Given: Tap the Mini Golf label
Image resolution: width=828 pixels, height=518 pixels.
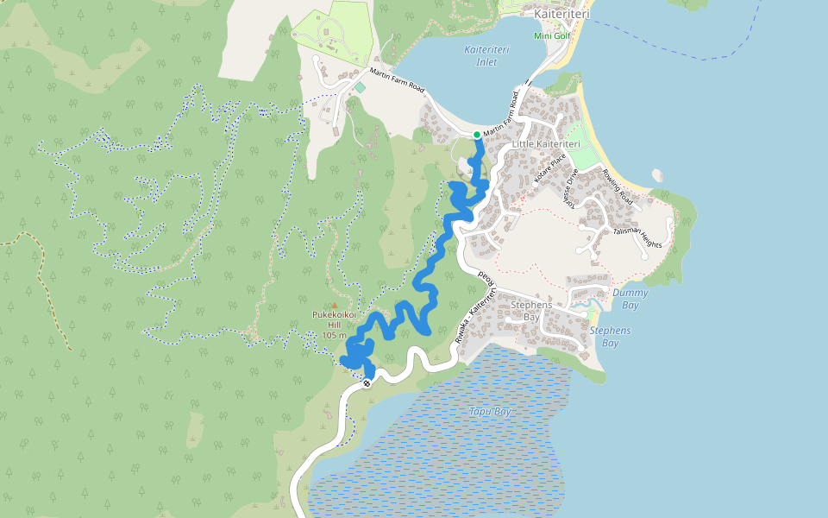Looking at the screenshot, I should click(553, 35).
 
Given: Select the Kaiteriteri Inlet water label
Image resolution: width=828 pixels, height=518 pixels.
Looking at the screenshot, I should click(486, 55).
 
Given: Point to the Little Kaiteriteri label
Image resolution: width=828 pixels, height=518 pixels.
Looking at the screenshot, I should click(545, 143).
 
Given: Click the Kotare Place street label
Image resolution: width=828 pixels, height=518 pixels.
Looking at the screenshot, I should click(549, 170).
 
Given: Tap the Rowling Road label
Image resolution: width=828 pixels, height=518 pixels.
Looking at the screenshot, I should click(618, 186).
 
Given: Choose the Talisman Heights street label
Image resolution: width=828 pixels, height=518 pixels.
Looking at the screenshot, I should click(637, 238).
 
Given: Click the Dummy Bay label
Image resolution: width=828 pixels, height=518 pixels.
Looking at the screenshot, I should click(630, 299).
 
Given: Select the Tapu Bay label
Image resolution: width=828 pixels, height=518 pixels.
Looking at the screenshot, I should click(491, 412).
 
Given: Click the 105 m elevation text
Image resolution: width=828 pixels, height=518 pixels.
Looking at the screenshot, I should click(334, 335).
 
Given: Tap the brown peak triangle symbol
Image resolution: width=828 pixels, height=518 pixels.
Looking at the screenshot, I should click(334, 305).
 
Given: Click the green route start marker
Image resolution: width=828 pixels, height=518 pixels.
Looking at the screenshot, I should click(477, 135).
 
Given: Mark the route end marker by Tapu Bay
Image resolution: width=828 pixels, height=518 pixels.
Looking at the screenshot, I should click(367, 382).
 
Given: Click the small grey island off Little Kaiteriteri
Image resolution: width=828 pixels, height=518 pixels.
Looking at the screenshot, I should click(658, 175).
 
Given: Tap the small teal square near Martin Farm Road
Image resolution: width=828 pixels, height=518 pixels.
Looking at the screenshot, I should click(360, 87).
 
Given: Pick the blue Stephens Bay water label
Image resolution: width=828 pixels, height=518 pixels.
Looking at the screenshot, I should click(610, 337).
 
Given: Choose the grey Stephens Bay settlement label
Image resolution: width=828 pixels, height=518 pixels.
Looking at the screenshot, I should click(530, 311).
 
